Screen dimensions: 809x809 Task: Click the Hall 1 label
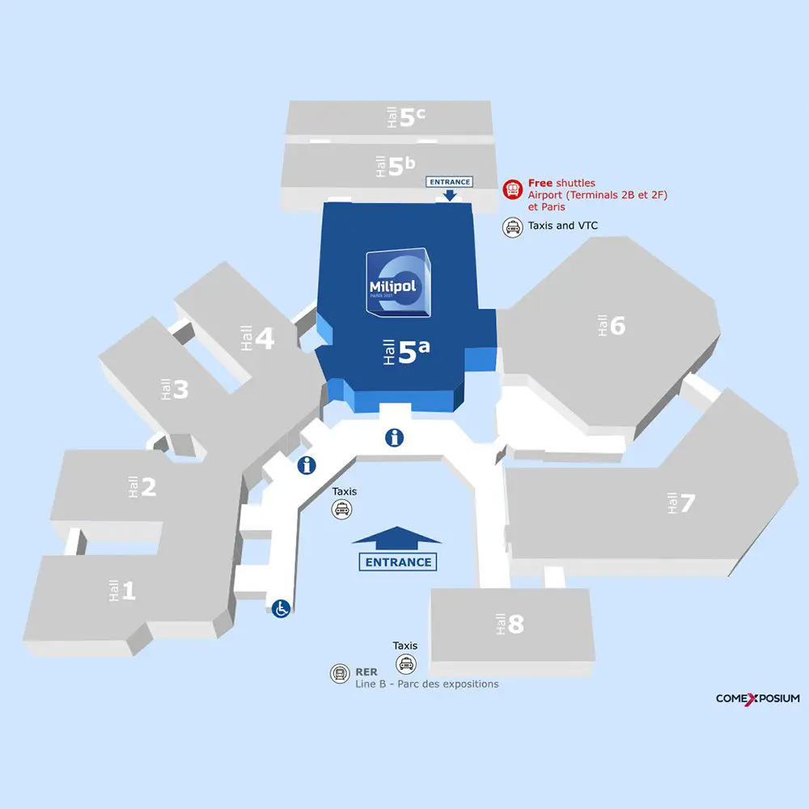click(122, 591)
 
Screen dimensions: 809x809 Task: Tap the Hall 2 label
click(142, 487)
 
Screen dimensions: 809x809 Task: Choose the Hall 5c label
click(405, 118)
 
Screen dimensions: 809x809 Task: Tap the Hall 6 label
click(611, 325)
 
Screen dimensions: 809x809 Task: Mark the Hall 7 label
click(680, 503)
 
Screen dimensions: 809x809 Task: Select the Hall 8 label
click(510, 624)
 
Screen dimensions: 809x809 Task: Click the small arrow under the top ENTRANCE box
click(450, 194)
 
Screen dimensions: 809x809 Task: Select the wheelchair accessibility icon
click(281, 608)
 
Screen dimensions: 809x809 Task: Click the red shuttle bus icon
click(512, 190)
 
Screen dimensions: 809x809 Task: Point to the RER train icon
click(340, 673)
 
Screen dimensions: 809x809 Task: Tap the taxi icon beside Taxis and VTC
click(512, 227)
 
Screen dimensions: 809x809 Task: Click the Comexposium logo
click(757, 698)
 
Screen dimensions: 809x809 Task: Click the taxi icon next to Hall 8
click(405, 664)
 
